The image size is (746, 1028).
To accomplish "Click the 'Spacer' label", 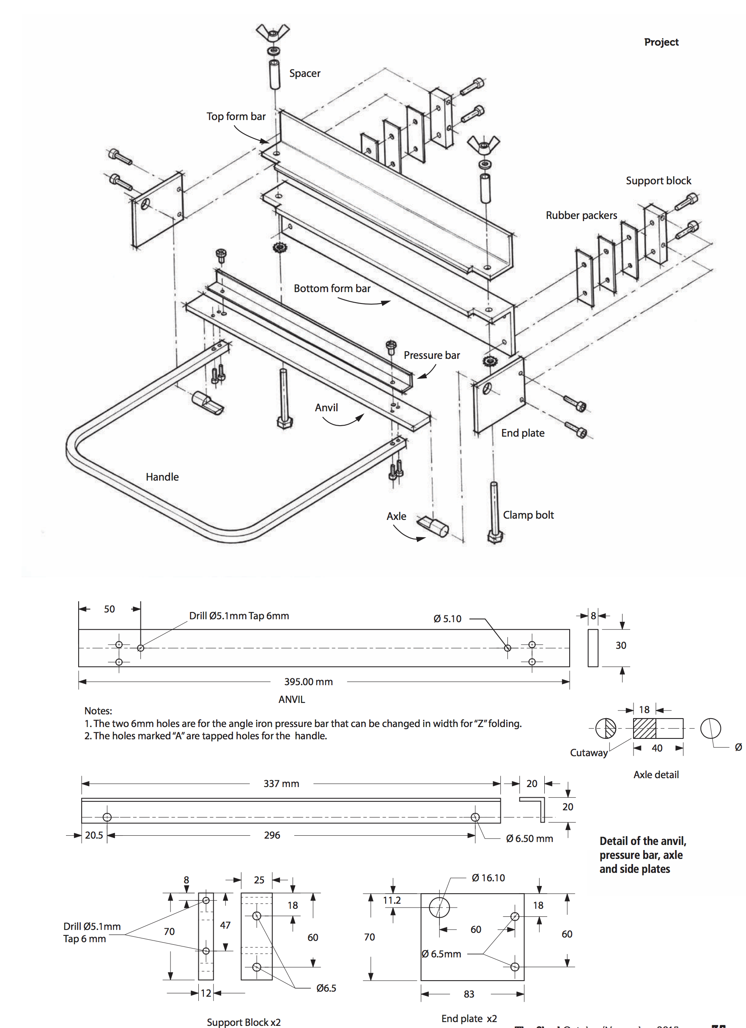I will tap(305, 73).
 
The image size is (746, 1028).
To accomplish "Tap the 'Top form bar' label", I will tap(236, 117).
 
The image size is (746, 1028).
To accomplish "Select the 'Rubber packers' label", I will tap(581, 215).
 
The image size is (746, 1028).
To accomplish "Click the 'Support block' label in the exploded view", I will tap(658, 180).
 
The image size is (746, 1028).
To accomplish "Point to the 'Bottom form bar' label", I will tap(332, 288).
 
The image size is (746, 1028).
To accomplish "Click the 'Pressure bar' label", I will tap(432, 355).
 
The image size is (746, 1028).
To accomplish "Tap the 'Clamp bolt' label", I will tap(528, 515).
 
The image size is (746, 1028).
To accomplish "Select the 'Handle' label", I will tap(162, 477).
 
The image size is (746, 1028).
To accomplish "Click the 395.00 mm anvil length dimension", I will tap(308, 682).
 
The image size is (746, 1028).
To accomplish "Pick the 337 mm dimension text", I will tap(281, 784).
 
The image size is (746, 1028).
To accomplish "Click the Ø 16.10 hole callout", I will tap(488, 878).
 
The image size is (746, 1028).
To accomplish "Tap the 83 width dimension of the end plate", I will tap(469, 994).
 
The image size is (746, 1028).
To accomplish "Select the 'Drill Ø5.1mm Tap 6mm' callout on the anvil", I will tap(239, 615).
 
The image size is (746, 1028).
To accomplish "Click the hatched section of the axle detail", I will tap(645, 728).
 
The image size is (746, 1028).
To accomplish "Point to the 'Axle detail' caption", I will tap(656, 775).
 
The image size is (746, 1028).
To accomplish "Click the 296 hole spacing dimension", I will tap(272, 835).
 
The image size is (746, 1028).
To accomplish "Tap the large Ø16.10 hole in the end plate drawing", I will tap(439, 908).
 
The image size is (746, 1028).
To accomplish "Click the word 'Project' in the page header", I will tap(661, 42).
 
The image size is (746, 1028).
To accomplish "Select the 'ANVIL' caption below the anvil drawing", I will tap(292, 700).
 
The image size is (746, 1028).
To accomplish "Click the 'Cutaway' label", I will tap(589, 753).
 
